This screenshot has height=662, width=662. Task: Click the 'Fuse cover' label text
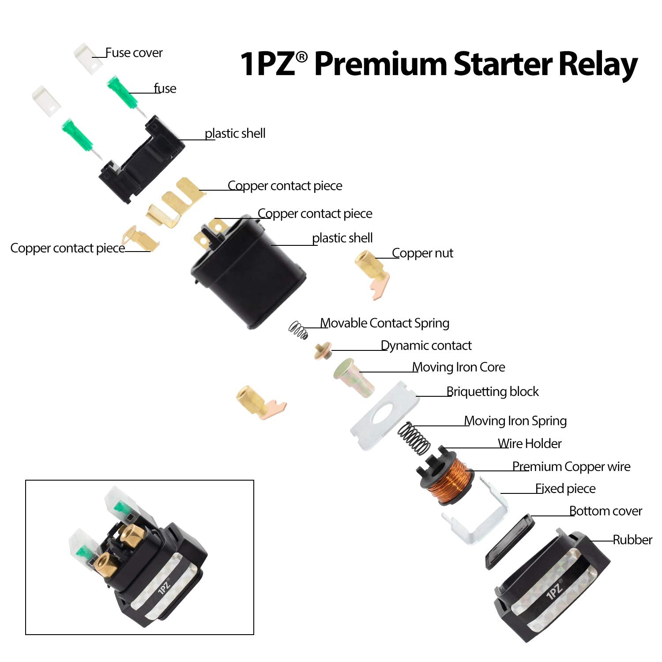pos(134,53)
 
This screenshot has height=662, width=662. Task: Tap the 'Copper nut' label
pos(422,253)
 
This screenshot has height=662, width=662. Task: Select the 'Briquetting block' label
pos(493,391)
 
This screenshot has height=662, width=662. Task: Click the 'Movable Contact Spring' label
pos(384,323)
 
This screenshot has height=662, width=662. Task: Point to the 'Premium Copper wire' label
pos(571,466)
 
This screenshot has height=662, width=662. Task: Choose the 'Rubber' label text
pos(632,540)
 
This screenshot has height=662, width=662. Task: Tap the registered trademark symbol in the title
pos(301,57)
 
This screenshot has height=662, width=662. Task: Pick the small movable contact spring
pos(298,330)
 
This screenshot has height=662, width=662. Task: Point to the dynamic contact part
pos(323,350)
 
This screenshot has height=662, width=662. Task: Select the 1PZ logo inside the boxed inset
pos(164,587)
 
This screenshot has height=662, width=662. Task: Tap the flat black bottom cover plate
pos(510,541)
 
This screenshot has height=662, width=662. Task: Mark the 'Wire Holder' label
pos(529,444)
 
